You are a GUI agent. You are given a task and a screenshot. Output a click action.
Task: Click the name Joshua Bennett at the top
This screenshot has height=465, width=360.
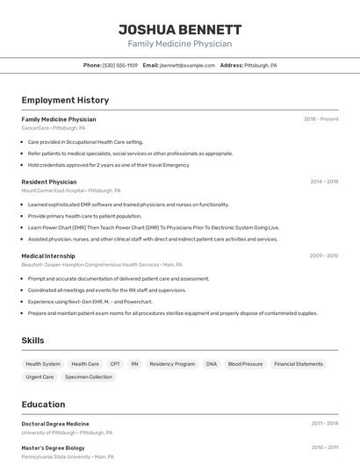[x=180, y=30]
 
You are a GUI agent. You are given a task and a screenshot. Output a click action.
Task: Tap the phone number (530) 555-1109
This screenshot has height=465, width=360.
[x=119, y=66]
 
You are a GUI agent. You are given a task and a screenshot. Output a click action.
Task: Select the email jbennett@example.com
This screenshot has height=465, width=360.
[x=186, y=66]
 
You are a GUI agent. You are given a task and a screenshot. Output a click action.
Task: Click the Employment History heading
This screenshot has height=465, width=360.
[x=65, y=101]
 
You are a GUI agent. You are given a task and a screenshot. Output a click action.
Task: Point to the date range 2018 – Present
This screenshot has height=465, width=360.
[x=320, y=119]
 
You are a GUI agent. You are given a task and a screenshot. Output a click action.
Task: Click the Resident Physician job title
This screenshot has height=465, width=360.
[x=49, y=182]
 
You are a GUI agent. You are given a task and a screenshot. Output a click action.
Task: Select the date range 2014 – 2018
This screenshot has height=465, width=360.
[x=324, y=182]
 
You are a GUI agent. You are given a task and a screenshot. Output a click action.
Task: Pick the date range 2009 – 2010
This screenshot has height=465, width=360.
[x=324, y=256]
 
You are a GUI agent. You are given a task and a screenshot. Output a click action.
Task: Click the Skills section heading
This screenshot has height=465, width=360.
[x=33, y=340]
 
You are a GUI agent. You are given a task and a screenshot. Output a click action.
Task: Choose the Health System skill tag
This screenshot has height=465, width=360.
[x=43, y=364]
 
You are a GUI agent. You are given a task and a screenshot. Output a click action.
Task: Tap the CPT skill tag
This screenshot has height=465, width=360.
[x=115, y=364]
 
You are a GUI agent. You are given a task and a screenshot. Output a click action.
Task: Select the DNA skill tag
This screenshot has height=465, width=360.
[x=212, y=364]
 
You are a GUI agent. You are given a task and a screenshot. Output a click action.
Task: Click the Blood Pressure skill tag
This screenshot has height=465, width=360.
[x=245, y=364]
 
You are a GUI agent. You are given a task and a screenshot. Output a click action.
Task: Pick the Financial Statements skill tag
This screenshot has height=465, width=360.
[x=299, y=364]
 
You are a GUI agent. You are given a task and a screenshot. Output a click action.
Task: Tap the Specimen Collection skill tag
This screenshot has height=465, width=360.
[x=89, y=377]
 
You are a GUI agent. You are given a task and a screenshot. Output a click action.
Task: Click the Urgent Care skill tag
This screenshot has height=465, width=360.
[x=40, y=377]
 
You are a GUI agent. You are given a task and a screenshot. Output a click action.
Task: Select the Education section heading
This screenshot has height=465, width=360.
[x=44, y=404]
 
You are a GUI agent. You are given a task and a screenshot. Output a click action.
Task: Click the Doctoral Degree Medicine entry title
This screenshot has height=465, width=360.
[x=55, y=424]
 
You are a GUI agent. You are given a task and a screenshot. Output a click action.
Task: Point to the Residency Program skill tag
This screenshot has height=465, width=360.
[x=172, y=364]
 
